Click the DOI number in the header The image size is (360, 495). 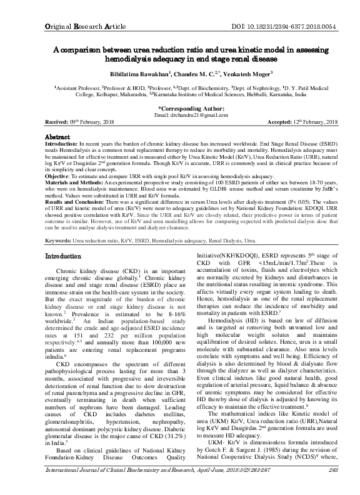click(299, 11)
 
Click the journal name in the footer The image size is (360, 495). click(119, 487)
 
